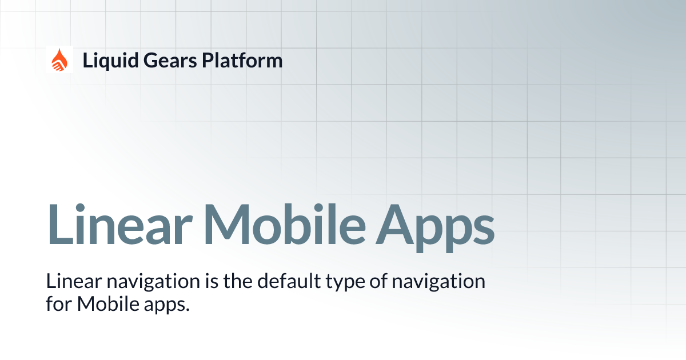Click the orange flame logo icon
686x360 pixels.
pos(59,59)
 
